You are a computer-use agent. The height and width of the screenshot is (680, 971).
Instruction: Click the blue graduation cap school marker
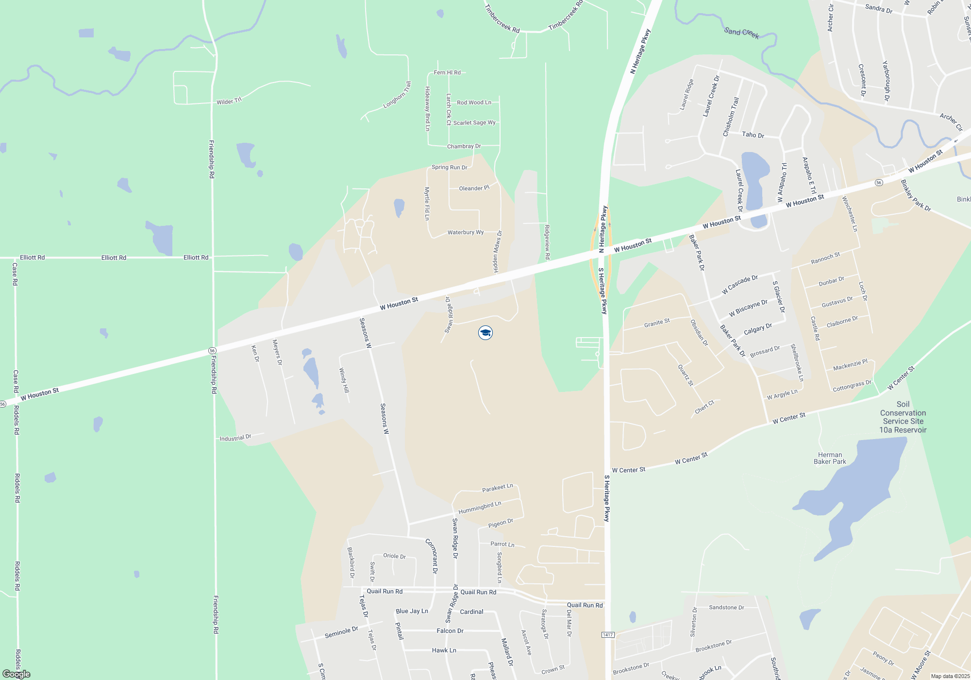tap(485, 333)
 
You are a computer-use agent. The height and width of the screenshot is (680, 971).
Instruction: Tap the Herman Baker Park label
tap(830, 458)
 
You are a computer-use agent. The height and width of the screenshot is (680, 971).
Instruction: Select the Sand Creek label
tap(741, 33)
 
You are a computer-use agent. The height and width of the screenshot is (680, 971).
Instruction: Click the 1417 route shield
tap(608, 635)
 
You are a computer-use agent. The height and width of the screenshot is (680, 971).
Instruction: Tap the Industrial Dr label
tap(235, 438)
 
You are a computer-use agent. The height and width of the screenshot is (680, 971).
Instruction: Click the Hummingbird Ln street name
tap(480, 508)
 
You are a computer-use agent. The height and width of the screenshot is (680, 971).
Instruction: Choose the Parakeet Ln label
tap(497, 488)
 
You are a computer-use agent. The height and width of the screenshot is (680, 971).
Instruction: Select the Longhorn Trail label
tap(397, 95)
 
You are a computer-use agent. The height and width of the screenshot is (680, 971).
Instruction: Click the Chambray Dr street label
tap(464, 146)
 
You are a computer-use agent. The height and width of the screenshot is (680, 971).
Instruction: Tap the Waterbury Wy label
tap(466, 232)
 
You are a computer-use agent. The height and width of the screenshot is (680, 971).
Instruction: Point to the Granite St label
tap(657, 323)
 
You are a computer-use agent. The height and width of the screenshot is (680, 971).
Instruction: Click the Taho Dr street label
tap(753, 135)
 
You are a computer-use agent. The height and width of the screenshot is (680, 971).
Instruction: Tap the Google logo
tap(17, 674)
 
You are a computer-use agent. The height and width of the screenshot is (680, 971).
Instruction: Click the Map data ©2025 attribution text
tap(950, 676)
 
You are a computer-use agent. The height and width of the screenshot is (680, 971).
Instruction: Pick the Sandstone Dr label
tap(726, 607)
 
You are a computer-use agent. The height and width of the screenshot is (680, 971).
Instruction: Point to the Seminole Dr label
tap(341, 632)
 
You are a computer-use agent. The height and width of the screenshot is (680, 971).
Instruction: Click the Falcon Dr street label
tap(450, 630)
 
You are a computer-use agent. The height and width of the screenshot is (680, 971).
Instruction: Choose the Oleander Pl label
tap(474, 188)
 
